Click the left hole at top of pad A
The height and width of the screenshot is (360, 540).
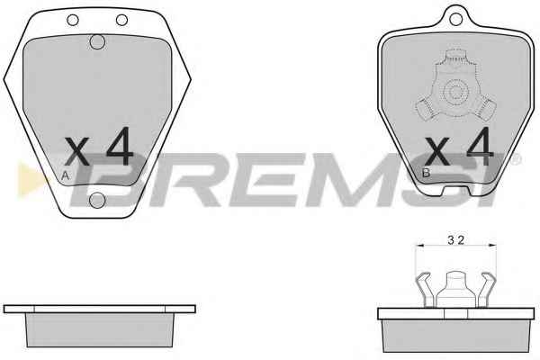pyautogui.click(x=73, y=20)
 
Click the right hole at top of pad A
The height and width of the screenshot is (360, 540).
pyautogui.click(x=121, y=20)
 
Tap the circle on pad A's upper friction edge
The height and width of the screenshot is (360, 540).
pyautogui.click(x=97, y=42)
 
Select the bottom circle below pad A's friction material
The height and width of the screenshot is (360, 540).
pyautogui.click(x=97, y=201)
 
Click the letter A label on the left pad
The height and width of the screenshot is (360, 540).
pyautogui.click(x=65, y=175)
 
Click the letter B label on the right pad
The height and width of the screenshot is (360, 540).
pyautogui.click(x=426, y=173)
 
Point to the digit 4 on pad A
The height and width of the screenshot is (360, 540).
pyautogui.click(x=120, y=146)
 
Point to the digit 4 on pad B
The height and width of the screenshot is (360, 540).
pyautogui.click(x=480, y=146)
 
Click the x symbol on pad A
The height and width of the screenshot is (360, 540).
pyautogui.click(x=77, y=150)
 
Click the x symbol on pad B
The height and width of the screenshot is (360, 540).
pyautogui.click(x=437, y=150)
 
